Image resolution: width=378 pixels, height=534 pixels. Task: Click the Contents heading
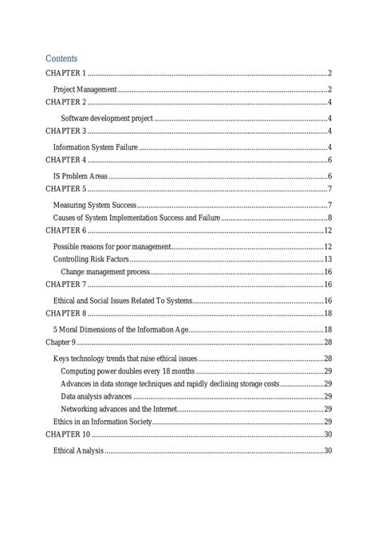click(x=61, y=58)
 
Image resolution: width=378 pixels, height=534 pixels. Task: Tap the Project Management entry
click(x=85, y=89)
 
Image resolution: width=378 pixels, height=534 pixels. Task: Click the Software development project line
click(x=106, y=118)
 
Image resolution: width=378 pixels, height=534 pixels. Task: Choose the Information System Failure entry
click(x=96, y=147)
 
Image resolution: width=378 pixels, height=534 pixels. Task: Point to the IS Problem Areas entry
click(x=80, y=175)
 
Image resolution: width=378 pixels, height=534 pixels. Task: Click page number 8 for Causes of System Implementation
click(x=329, y=218)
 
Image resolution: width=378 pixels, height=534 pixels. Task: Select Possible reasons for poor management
click(x=112, y=247)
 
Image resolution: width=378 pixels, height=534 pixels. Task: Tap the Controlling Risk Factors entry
click(x=91, y=260)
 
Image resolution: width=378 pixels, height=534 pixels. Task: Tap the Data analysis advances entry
click(x=97, y=396)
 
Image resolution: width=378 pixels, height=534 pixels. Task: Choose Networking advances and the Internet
click(x=119, y=408)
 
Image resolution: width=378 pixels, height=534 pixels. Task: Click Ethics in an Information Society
click(x=103, y=421)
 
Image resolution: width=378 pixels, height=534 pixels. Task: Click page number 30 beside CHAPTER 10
click(x=327, y=434)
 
